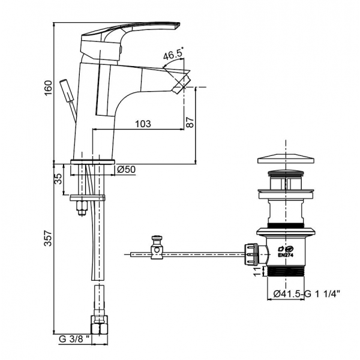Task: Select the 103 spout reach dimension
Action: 142,124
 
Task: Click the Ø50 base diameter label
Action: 126,170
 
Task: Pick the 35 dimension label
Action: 59,179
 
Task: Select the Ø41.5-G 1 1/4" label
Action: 307,294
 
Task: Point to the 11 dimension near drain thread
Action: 256,274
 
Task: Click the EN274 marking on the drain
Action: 287,254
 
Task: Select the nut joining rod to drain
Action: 252,254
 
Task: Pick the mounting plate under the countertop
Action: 88,197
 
